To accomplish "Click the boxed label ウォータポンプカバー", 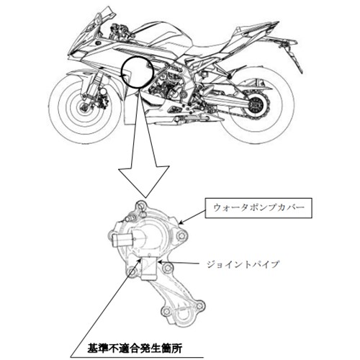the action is point(258,208).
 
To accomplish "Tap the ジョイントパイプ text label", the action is point(243,264).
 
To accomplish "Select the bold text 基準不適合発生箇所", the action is point(135,348).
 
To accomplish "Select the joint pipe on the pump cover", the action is point(149,268).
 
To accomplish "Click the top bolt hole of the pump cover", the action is point(141,206).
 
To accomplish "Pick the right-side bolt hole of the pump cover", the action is point(181,235).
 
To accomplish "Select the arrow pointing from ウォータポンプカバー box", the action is point(192,217).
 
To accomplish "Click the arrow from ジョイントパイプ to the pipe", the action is point(179,263).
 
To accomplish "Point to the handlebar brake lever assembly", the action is point(121,30).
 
